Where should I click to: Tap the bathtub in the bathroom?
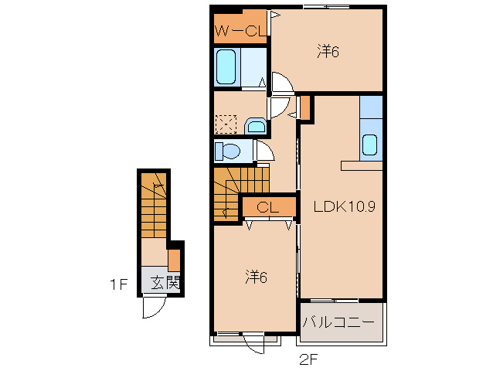[226, 66]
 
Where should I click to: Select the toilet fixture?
[227, 151]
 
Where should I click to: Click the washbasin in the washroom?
[256, 127]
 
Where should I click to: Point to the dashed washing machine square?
[226, 124]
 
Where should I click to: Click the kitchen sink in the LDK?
[369, 145]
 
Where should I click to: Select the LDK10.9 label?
[345, 206]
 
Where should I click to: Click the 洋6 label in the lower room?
[256, 277]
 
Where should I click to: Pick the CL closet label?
[267, 207]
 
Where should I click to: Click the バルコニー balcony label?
[338, 322]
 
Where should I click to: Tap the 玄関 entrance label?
[165, 283]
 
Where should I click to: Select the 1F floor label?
[118, 285]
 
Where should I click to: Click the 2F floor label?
[309, 359]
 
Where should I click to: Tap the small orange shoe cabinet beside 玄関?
[174, 260]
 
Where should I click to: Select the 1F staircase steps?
[154, 205]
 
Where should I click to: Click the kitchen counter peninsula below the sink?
[362, 165]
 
